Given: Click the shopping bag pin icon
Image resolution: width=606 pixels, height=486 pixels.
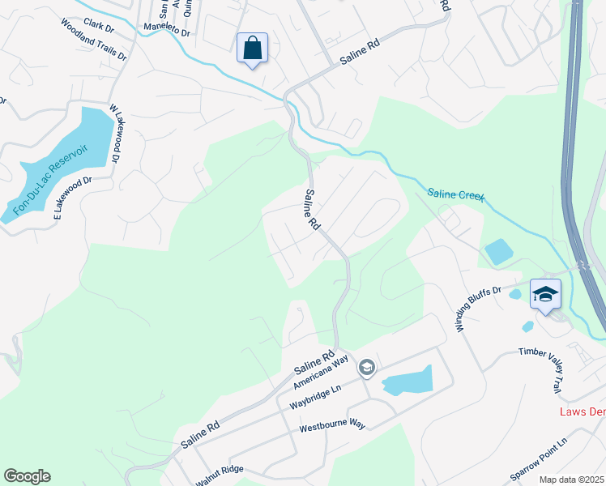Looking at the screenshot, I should click(x=252, y=48).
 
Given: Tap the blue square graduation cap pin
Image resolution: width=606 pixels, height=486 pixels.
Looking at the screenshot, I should click(x=545, y=293).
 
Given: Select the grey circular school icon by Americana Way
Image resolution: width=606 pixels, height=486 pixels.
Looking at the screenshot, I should click(x=366, y=369).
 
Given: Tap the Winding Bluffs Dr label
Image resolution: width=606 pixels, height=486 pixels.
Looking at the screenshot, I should click(x=478, y=308).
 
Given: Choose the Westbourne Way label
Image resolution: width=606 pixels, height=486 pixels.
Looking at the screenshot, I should click(x=332, y=426).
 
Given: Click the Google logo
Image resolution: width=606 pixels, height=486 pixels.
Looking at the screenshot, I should click(x=27, y=476).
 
